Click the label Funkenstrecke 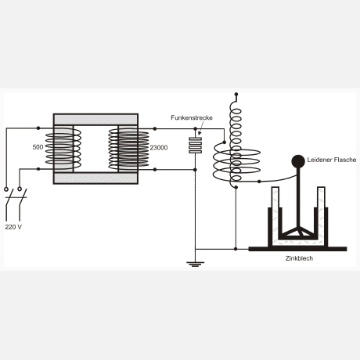point(192,117)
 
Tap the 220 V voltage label point(13,227)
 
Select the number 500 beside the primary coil point(38,147)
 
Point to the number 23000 point(159,148)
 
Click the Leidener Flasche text point(332,160)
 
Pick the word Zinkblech point(299,258)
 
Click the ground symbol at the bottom point(196,265)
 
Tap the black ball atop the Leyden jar point(298,161)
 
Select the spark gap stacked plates point(196,146)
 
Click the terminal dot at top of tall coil point(236,94)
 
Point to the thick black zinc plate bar point(297,249)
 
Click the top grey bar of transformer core point(95,120)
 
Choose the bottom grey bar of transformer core point(95,178)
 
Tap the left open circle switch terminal point(6,189)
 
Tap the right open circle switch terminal point(20,189)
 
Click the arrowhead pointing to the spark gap point(200,134)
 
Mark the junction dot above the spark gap point(196,129)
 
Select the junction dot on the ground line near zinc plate point(236,249)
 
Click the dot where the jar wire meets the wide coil point(259,182)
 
